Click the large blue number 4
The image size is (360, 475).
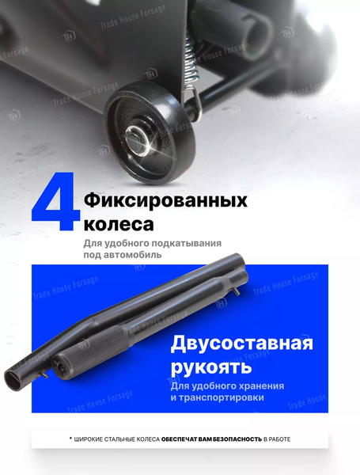pyautogui.click(x=56, y=204)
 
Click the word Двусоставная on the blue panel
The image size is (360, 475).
pyautogui.click(x=241, y=344)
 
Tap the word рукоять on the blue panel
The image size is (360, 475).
pyautogui.click(x=211, y=367)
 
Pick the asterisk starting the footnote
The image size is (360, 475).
pyautogui.click(x=70, y=437)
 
